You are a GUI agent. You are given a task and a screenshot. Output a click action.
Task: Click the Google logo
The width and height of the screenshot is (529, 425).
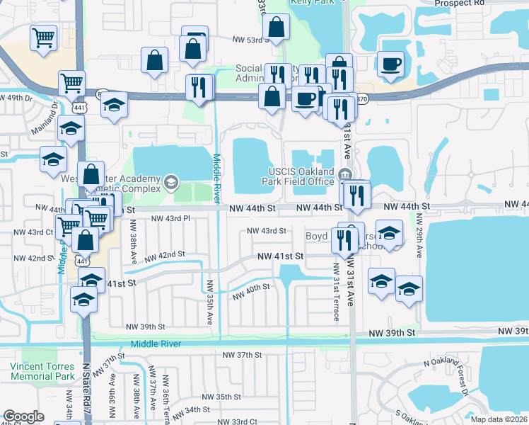coord(23,416)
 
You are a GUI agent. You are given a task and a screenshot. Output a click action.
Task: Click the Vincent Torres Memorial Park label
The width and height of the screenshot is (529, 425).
coord(42,371)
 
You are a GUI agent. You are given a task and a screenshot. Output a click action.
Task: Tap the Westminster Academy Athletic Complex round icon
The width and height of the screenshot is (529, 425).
coord(170,183)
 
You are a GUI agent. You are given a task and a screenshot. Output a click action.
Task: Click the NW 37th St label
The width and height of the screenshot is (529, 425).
coord(242,354)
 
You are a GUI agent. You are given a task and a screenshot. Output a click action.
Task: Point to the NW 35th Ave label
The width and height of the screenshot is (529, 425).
coord(210,302)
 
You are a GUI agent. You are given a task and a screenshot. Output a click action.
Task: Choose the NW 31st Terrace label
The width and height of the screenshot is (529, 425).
coord(335,297)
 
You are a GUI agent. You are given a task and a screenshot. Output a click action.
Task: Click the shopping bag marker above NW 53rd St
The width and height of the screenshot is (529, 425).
coord(276,28)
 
